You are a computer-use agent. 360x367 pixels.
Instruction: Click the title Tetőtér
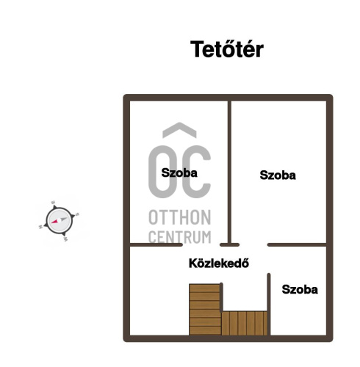[x=227, y=49]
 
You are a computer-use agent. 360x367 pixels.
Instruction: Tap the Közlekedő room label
[x=219, y=264]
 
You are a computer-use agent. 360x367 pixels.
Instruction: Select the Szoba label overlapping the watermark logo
[x=179, y=173]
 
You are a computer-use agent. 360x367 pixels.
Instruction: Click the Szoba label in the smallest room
[x=300, y=289]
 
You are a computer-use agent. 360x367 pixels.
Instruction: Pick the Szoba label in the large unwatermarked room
[x=278, y=175]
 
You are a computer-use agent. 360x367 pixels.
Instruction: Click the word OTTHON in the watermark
[x=180, y=217]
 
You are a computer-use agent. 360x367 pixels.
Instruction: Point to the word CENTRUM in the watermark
[x=180, y=237]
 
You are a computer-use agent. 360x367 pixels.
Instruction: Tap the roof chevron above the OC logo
[x=179, y=130]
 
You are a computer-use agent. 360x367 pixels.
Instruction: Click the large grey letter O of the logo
[x=163, y=172]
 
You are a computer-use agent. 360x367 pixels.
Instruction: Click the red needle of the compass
[x=55, y=221]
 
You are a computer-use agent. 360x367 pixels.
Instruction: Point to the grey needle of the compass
[x=63, y=219]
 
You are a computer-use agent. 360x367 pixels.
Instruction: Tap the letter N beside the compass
[x=40, y=227]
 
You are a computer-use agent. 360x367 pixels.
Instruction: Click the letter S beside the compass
[x=77, y=214]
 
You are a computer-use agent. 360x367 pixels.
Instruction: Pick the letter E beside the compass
[x=53, y=203]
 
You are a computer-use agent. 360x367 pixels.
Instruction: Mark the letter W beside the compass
[x=65, y=239]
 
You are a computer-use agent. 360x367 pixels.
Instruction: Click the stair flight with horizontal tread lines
[x=205, y=310]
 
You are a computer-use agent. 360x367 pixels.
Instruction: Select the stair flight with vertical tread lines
[x=245, y=323]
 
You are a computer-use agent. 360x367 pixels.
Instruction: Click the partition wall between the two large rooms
[x=229, y=172]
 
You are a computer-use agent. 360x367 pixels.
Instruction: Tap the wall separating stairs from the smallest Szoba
[x=269, y=304]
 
